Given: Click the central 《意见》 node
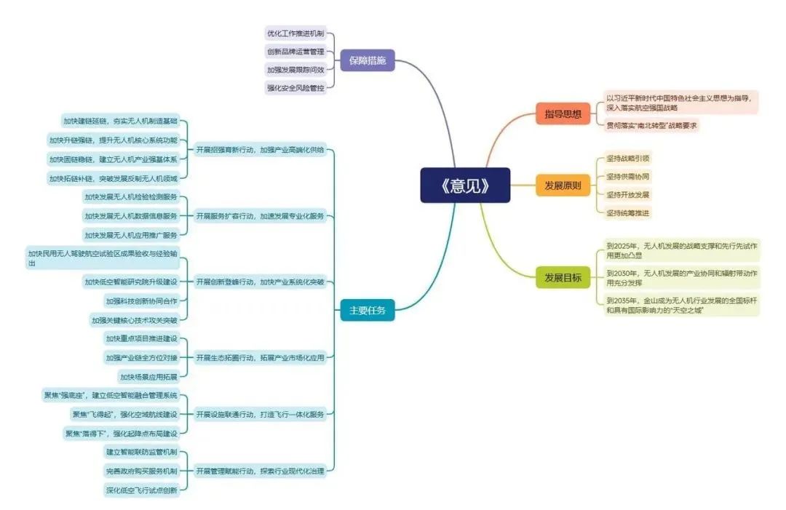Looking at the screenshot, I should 465,186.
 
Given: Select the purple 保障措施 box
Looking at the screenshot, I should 368,60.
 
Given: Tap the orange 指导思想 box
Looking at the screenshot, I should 563,114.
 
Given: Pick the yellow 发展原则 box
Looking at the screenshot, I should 563,186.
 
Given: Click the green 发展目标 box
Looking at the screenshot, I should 563,277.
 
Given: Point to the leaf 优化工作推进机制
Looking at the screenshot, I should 295,34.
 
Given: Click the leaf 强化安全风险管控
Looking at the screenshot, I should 295,87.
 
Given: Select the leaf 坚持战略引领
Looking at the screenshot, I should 628,158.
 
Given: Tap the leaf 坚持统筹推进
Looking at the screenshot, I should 628,212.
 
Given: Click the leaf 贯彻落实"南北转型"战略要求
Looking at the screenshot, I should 652,125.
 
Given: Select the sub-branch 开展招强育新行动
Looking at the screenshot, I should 260,150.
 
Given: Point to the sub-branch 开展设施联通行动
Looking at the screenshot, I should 260,414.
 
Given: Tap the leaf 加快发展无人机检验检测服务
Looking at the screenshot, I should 131,196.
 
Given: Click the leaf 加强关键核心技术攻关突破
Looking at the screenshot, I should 134,319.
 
